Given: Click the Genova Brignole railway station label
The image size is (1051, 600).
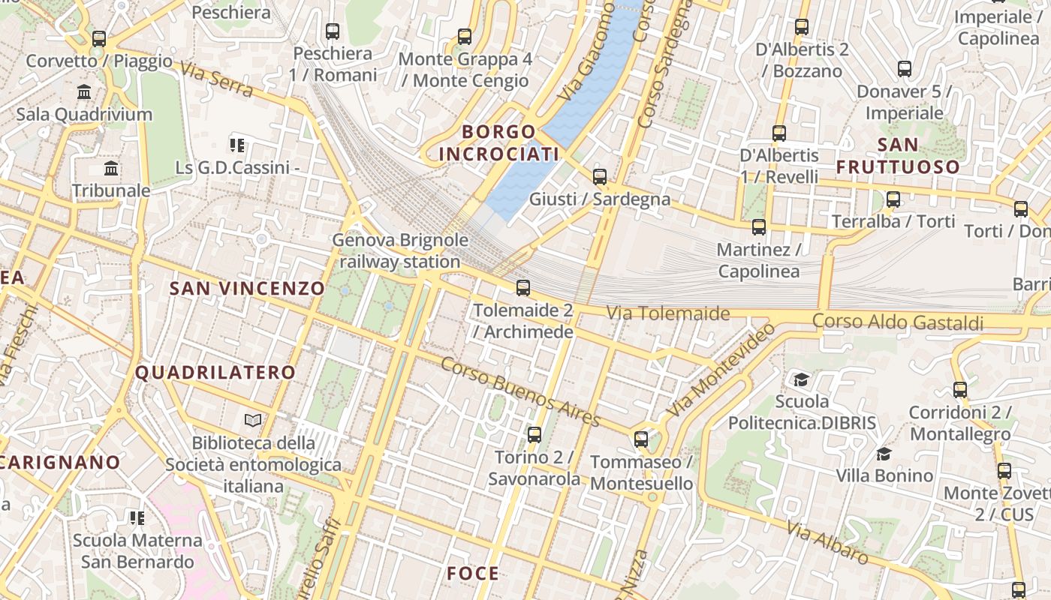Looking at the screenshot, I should pos(400,251).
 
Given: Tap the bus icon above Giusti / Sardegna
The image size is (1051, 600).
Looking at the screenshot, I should pos(599,177).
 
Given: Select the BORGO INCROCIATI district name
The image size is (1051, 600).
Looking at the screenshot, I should pos(498,143).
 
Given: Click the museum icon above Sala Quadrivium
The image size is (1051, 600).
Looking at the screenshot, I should pos(84,92).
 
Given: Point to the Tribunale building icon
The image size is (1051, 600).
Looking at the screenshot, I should pos(111,168).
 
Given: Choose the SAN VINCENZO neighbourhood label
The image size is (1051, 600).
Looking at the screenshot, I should pos(247,289).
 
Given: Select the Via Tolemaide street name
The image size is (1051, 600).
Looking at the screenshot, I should pos(667,313).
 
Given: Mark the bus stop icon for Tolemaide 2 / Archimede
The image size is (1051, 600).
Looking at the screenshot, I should pos(522,287).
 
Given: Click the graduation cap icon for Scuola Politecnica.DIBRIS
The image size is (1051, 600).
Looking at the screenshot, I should pos(801,379).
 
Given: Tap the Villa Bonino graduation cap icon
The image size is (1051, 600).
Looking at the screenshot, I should pos(884,454).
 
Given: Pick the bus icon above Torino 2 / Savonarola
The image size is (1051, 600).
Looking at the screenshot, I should pos(534,434).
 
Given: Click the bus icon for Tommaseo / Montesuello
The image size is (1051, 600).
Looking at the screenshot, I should pos(640,439).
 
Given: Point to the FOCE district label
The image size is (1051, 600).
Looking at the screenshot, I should pos(473,574).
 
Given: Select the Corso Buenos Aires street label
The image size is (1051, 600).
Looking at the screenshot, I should pos(520,391).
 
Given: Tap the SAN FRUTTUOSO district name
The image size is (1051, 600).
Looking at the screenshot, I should pos(898,155).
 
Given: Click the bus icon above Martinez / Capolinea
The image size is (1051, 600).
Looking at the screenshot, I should pos(758,227).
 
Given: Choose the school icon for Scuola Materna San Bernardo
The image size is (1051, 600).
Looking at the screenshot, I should pos(137,517).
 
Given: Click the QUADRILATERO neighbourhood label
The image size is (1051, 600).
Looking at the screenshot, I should pos(215,373).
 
